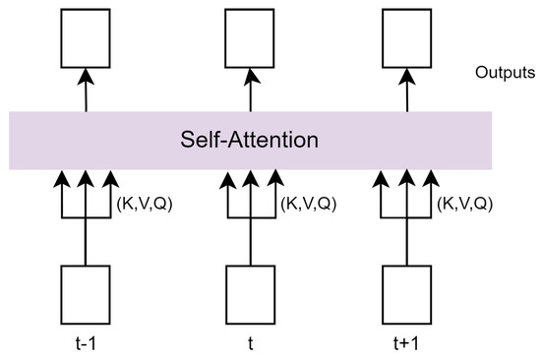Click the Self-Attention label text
pos(249,140)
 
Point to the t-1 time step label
pos(85,344)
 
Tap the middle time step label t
pos(249,344)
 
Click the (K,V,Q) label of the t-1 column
pos(146,204)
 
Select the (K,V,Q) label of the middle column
pos(309,204)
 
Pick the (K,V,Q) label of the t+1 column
pos(466,204)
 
